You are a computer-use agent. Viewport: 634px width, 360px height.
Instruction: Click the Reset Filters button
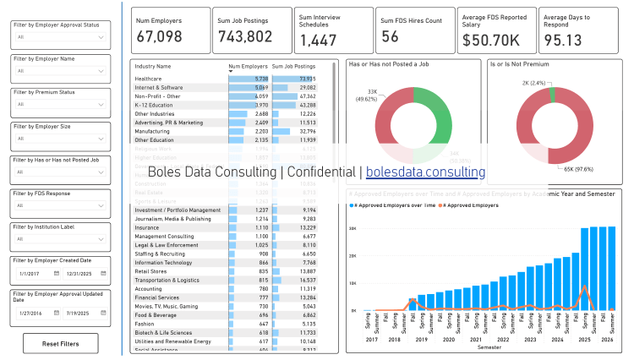[x=61, y=344]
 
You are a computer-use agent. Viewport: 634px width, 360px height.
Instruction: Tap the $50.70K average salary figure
[x=491, y=40]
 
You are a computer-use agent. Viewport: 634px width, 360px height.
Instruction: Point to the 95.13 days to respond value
[x=563, y=40]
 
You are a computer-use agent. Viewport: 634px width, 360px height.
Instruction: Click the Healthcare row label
[x=148, y=79]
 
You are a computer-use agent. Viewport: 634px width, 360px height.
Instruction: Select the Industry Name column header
[x=153, y=66]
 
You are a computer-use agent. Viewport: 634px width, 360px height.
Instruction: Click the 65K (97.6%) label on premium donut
[x=574, y=169]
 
